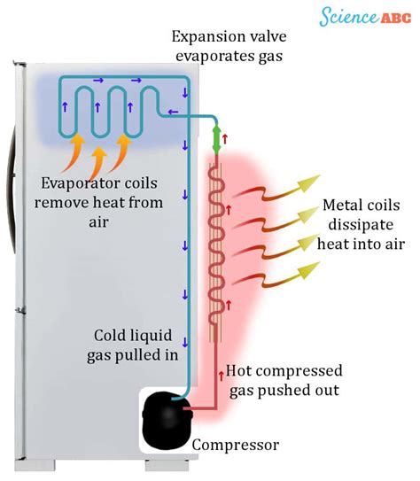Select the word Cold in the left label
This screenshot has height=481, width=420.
pos(112,335)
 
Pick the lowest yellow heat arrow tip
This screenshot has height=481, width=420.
pos(307,279)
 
